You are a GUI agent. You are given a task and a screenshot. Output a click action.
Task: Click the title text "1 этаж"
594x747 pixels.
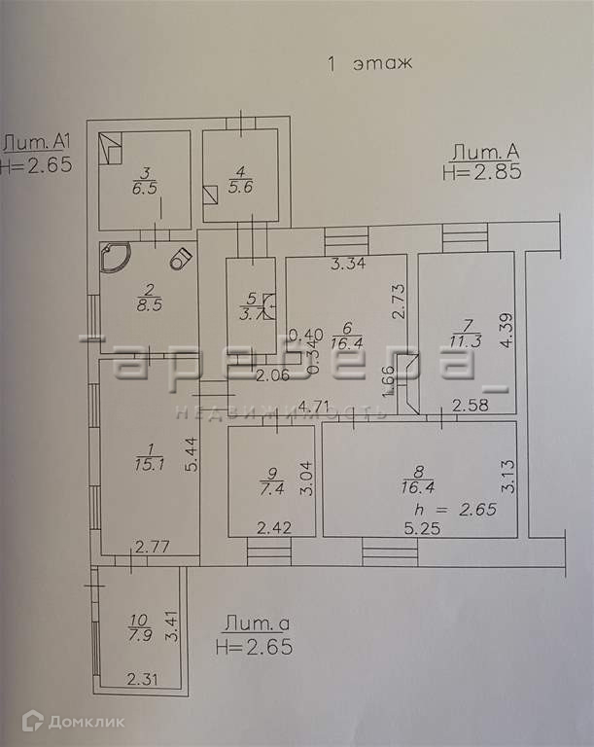click(x=370, y=64)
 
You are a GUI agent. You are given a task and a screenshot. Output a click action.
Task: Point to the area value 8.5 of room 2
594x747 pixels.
click(x=150, y=303)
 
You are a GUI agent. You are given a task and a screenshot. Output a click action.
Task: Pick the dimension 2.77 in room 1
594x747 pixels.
click(x=153, y=548)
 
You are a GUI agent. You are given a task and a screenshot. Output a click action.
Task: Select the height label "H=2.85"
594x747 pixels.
click(x=482, y=172)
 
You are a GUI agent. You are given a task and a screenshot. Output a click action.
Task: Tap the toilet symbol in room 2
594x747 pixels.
click(x=180, y=259)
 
